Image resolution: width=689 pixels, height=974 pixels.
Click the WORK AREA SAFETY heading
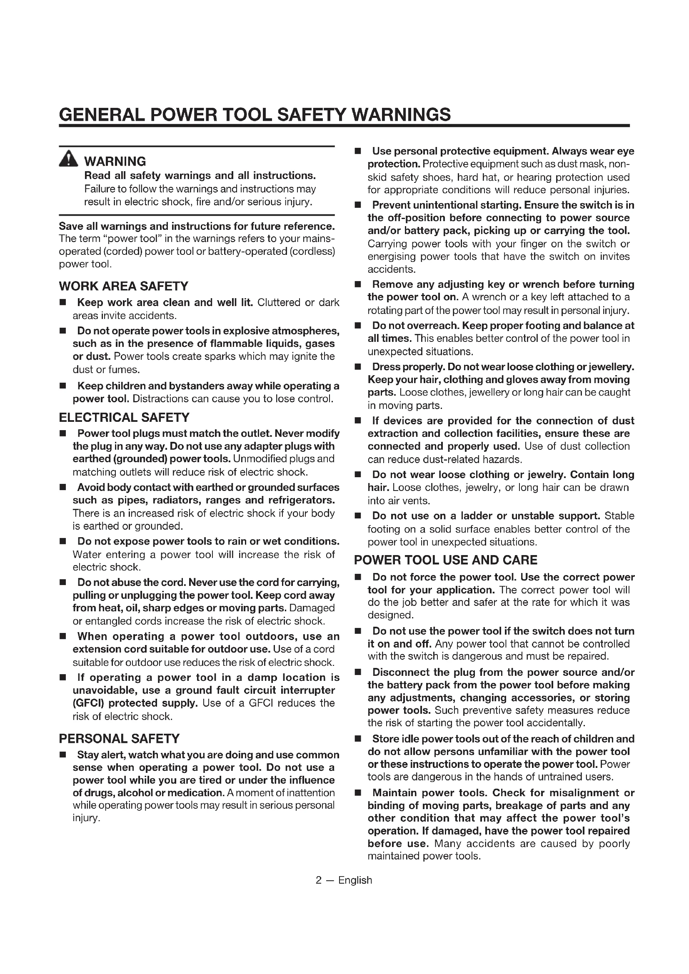[x=123, y=286]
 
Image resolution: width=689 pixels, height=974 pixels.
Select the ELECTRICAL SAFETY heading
[x=124, y=417]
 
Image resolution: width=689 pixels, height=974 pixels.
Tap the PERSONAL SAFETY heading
[x=119, y=739]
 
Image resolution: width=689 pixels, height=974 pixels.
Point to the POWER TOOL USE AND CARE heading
[x=445, y=560]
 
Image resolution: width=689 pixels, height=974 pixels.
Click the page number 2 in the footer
[x=319, y=880]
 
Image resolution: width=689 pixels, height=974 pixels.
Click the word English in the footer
[x=355, y=880]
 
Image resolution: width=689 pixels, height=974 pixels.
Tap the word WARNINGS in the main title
[x=401, y=115]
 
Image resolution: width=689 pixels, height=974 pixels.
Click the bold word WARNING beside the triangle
[x=115, y=162]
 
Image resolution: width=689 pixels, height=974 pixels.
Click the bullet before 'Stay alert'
[x=63, y=755]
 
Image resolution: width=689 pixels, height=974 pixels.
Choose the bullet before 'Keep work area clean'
[x=63, y=302]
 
